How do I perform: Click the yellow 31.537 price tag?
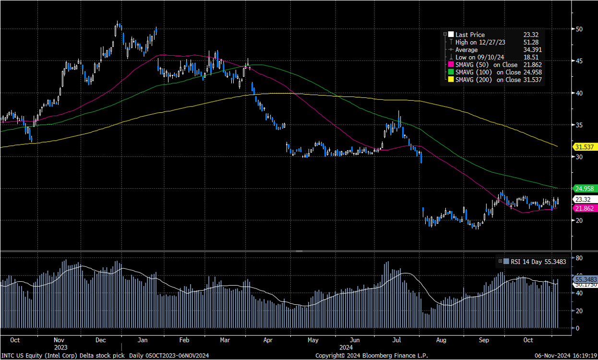tap(586, 147)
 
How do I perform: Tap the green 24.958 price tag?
tap(586, 189)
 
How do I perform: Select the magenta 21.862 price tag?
tap(586, 209)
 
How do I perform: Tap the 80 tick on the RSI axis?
tap(579, 258)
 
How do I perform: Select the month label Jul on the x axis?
tap(396, 340)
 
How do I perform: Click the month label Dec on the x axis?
tap(100, 340)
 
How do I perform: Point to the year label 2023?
tap(60, 347)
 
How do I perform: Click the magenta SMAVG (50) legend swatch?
tap(451, 65)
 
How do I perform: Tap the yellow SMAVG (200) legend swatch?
tap(451, 80)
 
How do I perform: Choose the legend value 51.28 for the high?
tap(531, 42)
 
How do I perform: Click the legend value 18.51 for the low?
tap(531, 57)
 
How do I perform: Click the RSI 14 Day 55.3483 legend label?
tap(536, 262)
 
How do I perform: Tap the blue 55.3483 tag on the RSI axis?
tap(586, 279)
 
